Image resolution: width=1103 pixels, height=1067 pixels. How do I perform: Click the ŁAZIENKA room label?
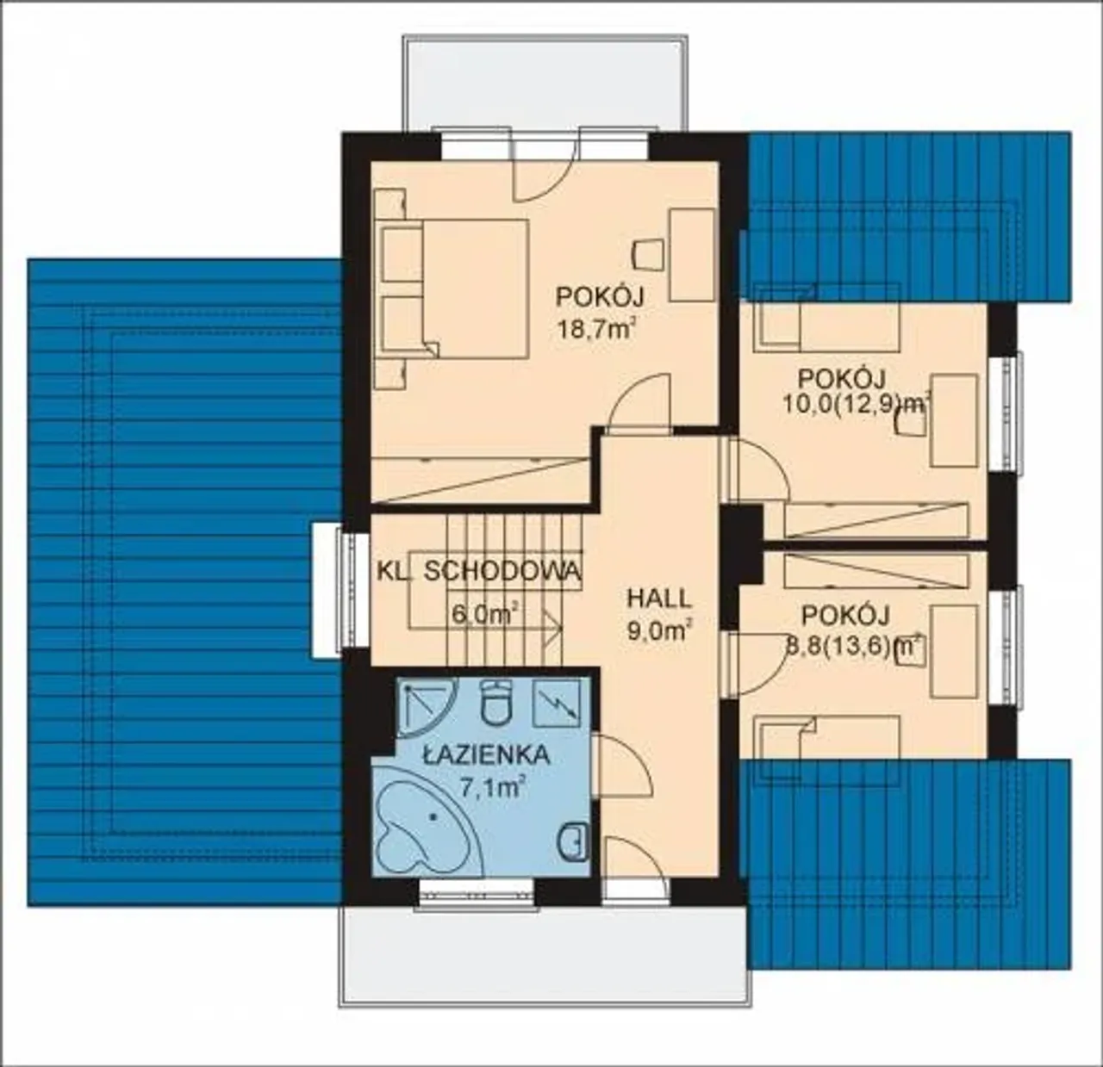click(x=487, y=755)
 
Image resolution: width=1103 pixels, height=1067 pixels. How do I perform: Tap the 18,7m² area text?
click(x=595, y=328)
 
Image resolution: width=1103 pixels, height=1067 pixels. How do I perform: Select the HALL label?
click(x=659, y=599)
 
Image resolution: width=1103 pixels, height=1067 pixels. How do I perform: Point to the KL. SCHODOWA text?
click(x=479, y=571)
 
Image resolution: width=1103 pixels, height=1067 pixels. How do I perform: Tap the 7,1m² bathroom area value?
click(x=491, y=788)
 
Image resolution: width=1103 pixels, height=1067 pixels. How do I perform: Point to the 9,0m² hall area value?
click(x=660, y=630)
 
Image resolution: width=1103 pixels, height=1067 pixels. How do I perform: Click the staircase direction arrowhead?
click(x=553, y=628)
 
